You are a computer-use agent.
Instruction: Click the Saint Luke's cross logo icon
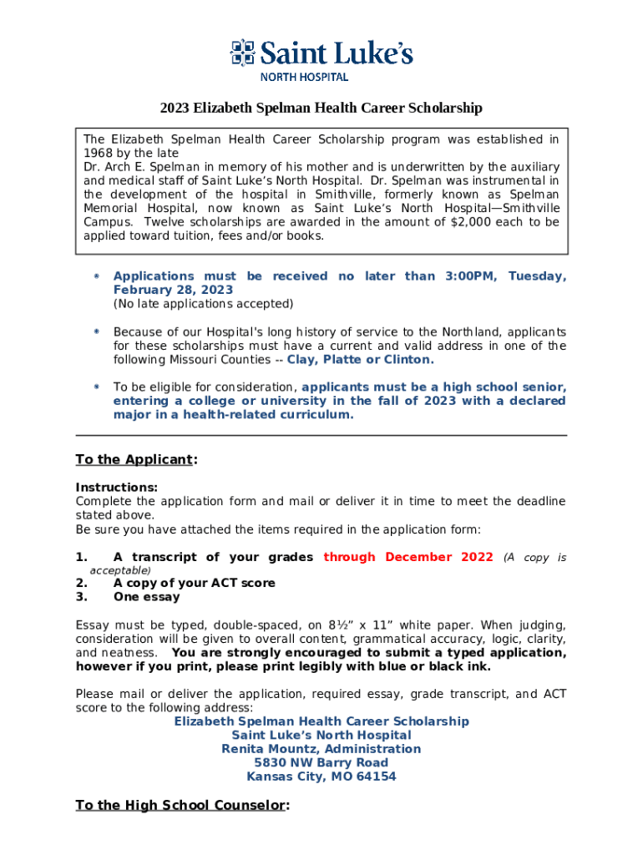click(242, 53)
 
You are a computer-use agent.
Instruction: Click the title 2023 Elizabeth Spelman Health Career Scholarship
click(321, 109)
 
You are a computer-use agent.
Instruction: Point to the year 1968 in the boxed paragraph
click(99, 153)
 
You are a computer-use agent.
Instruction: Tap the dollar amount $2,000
click(473, 222)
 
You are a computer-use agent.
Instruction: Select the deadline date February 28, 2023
click(173, 290)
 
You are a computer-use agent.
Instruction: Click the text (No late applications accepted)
click(203, 303)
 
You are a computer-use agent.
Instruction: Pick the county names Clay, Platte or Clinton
click(361, 360)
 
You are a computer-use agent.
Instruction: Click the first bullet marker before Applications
click(97, 276)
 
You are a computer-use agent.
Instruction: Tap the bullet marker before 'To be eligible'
click(97, 387)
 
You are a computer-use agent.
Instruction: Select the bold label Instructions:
click(116, 488)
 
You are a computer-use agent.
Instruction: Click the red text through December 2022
click(408, 557)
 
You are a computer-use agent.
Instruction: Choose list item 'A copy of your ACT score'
click(194, 583)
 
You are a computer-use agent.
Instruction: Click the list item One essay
click(146, 597)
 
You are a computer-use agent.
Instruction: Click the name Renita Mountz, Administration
click(321, 749)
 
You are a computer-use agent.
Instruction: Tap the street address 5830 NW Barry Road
click(321, 762)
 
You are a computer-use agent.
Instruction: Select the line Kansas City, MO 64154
click(321, 777)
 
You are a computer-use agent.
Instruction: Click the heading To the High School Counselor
click(182, 805)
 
